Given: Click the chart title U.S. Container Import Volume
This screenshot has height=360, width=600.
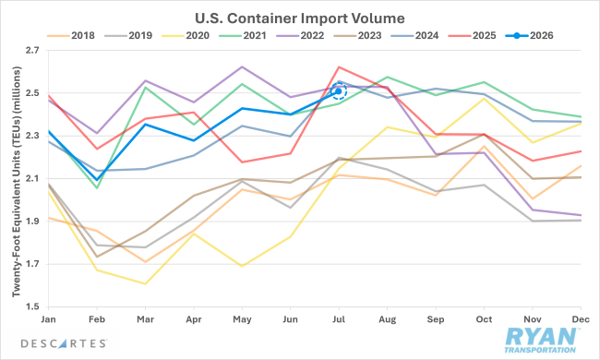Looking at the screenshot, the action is (x=300, y=18).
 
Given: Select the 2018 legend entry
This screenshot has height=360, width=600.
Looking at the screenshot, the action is (x=71, y=36).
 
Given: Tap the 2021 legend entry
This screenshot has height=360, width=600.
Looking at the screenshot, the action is (x=243, y=36).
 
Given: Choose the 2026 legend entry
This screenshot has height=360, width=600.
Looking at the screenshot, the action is (x=530, y=36).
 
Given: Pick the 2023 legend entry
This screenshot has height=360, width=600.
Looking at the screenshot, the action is (x=357, y=36).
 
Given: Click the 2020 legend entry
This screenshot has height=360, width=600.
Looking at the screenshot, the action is (x=186, y=36).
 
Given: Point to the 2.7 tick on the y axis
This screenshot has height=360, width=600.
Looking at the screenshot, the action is (x=32, y=51).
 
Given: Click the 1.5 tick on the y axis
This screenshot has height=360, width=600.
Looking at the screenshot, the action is (x=32, y=306).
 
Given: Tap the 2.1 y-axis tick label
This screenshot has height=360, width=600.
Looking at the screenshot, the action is (x=32, y=179).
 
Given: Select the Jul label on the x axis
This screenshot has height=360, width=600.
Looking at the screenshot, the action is (x=339, y=319).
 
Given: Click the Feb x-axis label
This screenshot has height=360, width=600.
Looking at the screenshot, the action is (x=97, y=319).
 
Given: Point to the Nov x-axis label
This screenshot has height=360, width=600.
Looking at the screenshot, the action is (x=533, y=319).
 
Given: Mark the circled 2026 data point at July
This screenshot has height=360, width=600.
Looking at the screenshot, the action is (x=339, y=91).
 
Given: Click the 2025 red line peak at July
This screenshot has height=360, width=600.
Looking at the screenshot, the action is (x=339, y=67).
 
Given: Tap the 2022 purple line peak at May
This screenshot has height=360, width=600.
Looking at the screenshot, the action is (x=242, y=66).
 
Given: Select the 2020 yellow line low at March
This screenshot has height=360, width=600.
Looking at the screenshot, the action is (x=146, y=284).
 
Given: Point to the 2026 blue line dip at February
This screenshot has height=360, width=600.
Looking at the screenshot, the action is (x=97, y=180).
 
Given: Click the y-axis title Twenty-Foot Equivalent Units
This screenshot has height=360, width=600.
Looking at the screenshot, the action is (x=17, y=182).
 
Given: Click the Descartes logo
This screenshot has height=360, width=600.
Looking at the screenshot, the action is (x=64, y=343).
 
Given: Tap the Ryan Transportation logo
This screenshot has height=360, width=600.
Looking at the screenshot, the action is (x=540, y=340).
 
